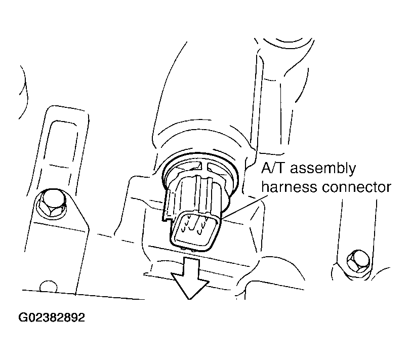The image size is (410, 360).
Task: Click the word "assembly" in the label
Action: pyautogui.click(x=322, y=169)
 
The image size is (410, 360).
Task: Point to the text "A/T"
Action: pyautogui.click(x=273, y=168)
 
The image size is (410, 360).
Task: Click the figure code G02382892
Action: pyautogui.click(x=52, y=317)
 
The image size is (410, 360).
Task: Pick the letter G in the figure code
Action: pyautogui.click(x=22, y=317)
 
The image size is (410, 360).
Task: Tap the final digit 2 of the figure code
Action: pyautogui.click(x=81, y=317)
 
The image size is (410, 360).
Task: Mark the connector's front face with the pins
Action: pyautogui.click(x=194, y=231)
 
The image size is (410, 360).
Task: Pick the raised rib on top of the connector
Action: pyautogui.click(x=204, y=193)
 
